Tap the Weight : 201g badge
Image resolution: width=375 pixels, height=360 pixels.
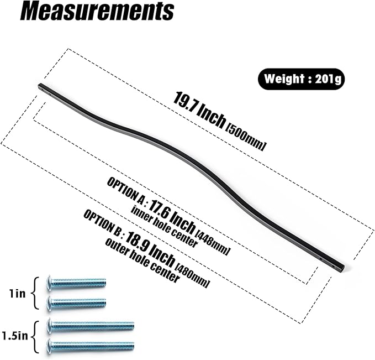[x=302, y=79]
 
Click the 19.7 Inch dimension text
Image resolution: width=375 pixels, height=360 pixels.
[x=199, y=109]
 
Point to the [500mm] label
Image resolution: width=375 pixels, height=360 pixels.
[x=246, y=138]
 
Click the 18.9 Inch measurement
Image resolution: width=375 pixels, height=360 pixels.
[x=149, y=249]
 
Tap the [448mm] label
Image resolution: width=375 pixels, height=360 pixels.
[x=213, y=242]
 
